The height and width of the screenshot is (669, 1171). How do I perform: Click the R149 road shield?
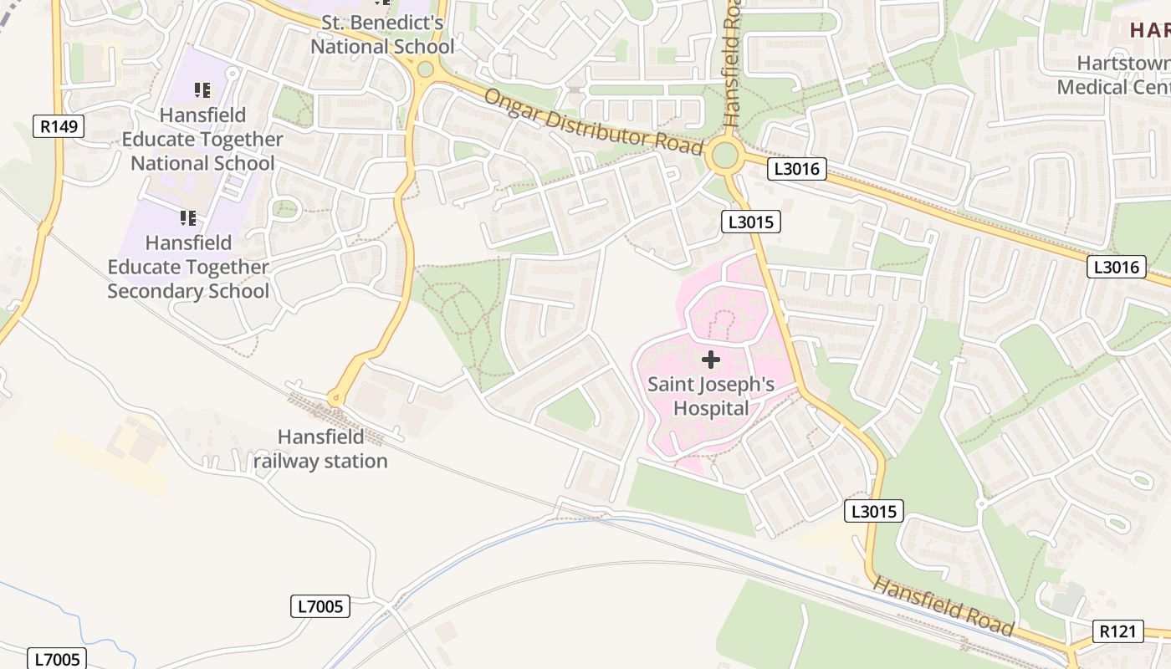(x=59, y=127)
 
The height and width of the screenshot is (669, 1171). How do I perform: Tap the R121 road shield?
(x=1118, y=631)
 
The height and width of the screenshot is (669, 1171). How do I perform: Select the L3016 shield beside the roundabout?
(x=797, y=170)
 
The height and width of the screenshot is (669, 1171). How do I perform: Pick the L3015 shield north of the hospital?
(x=750, y=222)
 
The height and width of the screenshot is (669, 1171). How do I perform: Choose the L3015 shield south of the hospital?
(x=874, y=511)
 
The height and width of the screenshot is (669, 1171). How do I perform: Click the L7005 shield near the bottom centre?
(x=320, y=606)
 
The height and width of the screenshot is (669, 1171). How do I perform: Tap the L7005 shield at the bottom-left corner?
(x=58, y=659)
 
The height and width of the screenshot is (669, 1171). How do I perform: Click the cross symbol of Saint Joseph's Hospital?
(x=710, y=360)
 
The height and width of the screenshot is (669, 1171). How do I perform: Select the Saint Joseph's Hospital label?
(x=711, y=396)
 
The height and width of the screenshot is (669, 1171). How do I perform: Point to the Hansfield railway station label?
(x=321, y=449)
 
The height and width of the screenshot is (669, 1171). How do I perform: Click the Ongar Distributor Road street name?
(x=593, y=122)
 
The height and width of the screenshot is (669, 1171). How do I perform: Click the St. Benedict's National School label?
(x=382, y=34)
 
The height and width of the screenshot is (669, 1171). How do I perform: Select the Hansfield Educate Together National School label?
(x=202, y=139)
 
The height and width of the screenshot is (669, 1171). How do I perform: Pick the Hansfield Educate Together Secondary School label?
(x=189, y=267)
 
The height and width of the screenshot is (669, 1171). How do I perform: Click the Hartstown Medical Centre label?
(x=1112, y=75)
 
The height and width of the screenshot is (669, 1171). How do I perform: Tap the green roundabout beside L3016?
(x=724, y=156)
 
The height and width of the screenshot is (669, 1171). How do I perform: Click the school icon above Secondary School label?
(x=188, y=218)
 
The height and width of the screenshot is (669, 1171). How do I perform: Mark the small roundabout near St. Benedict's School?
(x=425, y=69)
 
